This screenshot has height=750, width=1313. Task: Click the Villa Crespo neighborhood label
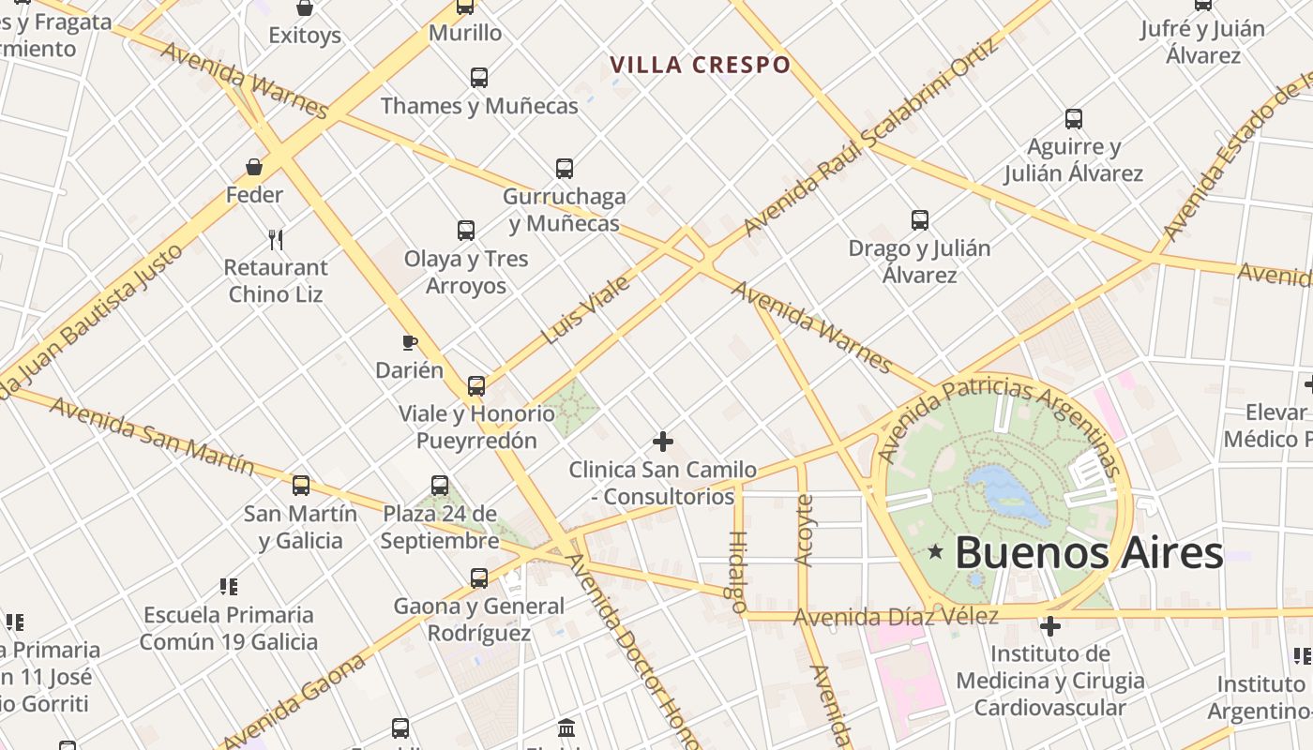[701, 65]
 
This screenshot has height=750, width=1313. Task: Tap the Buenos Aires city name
[1089, 553]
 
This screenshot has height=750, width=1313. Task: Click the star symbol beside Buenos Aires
[934, 552]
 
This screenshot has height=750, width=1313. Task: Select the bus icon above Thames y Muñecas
[479, 78]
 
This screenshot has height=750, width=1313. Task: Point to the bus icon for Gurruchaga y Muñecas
[564, 169]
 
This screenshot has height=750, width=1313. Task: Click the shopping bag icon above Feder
[253, 167]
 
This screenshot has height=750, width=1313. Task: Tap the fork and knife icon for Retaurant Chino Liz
[276, 240]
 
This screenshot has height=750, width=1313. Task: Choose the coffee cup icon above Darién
[409, 342]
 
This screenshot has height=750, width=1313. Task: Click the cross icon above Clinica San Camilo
[663, 441]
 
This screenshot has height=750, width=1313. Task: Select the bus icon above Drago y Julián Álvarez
[920, 220]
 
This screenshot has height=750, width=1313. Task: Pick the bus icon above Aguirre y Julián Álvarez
[1074, 119]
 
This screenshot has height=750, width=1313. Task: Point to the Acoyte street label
[804, 530]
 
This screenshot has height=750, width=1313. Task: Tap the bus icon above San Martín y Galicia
[301, 486]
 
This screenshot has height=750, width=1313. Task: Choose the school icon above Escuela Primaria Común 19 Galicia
[229, 587]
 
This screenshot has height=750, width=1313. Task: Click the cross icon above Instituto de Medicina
[1050, 625]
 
